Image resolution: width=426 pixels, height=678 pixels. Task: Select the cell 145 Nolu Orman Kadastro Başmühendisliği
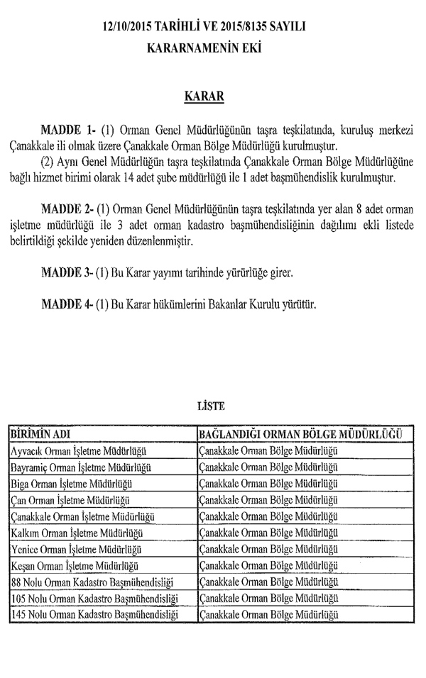point(94,614)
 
